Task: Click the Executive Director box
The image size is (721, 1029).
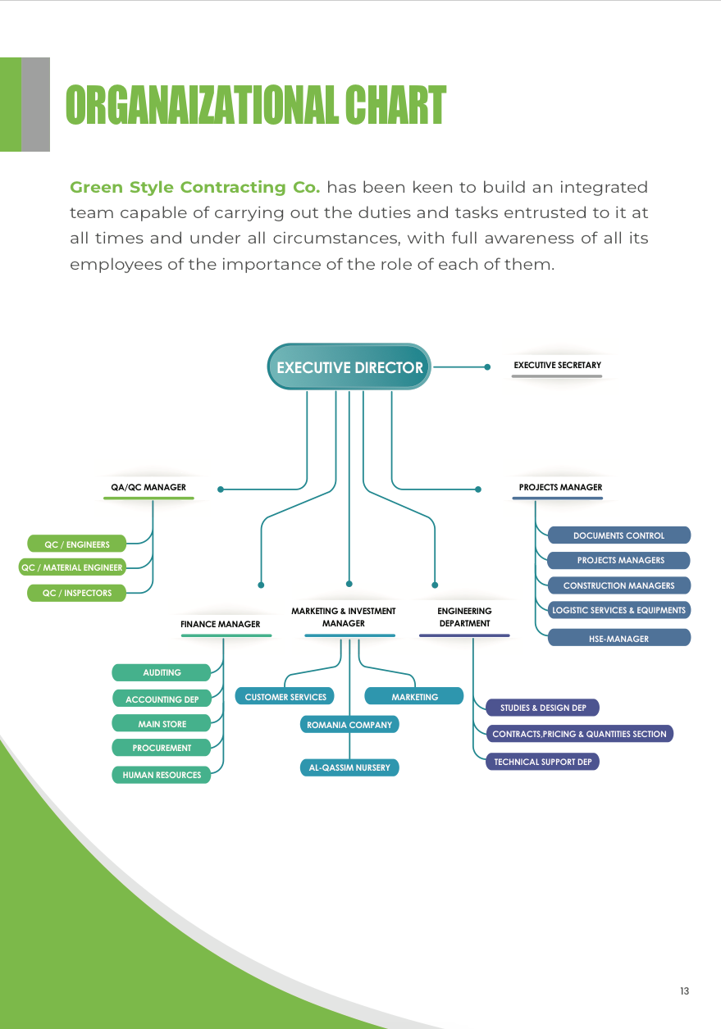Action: coord(349,367)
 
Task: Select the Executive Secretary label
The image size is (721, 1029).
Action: coord(557,365)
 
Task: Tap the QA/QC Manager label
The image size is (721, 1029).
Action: coord(148,487)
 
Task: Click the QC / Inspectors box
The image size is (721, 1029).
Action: coord(76,593)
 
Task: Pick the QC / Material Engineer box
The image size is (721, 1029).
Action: coord(71,567)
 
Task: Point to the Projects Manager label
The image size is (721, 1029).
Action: coord(560,487)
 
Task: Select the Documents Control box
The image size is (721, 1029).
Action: coord(619,535)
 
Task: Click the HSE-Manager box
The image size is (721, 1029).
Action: coord(619,638)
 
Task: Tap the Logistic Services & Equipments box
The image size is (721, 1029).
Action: coord(619,610)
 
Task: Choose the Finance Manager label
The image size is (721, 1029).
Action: coord(220,624)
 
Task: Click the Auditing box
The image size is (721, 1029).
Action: coord(162,672)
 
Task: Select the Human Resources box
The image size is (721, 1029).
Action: coord(162,775)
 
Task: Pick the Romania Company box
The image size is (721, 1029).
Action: coord(349,725)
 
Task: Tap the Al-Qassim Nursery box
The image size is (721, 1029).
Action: coord(349,767)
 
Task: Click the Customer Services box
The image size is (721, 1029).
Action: coord(285,696)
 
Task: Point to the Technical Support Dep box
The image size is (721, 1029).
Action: coord(543,762)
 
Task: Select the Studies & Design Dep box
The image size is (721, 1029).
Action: coord(543,708)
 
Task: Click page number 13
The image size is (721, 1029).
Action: coord(684,990)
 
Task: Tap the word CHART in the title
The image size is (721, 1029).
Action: coord(395,105)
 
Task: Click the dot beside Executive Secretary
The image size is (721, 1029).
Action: coord(487,367)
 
